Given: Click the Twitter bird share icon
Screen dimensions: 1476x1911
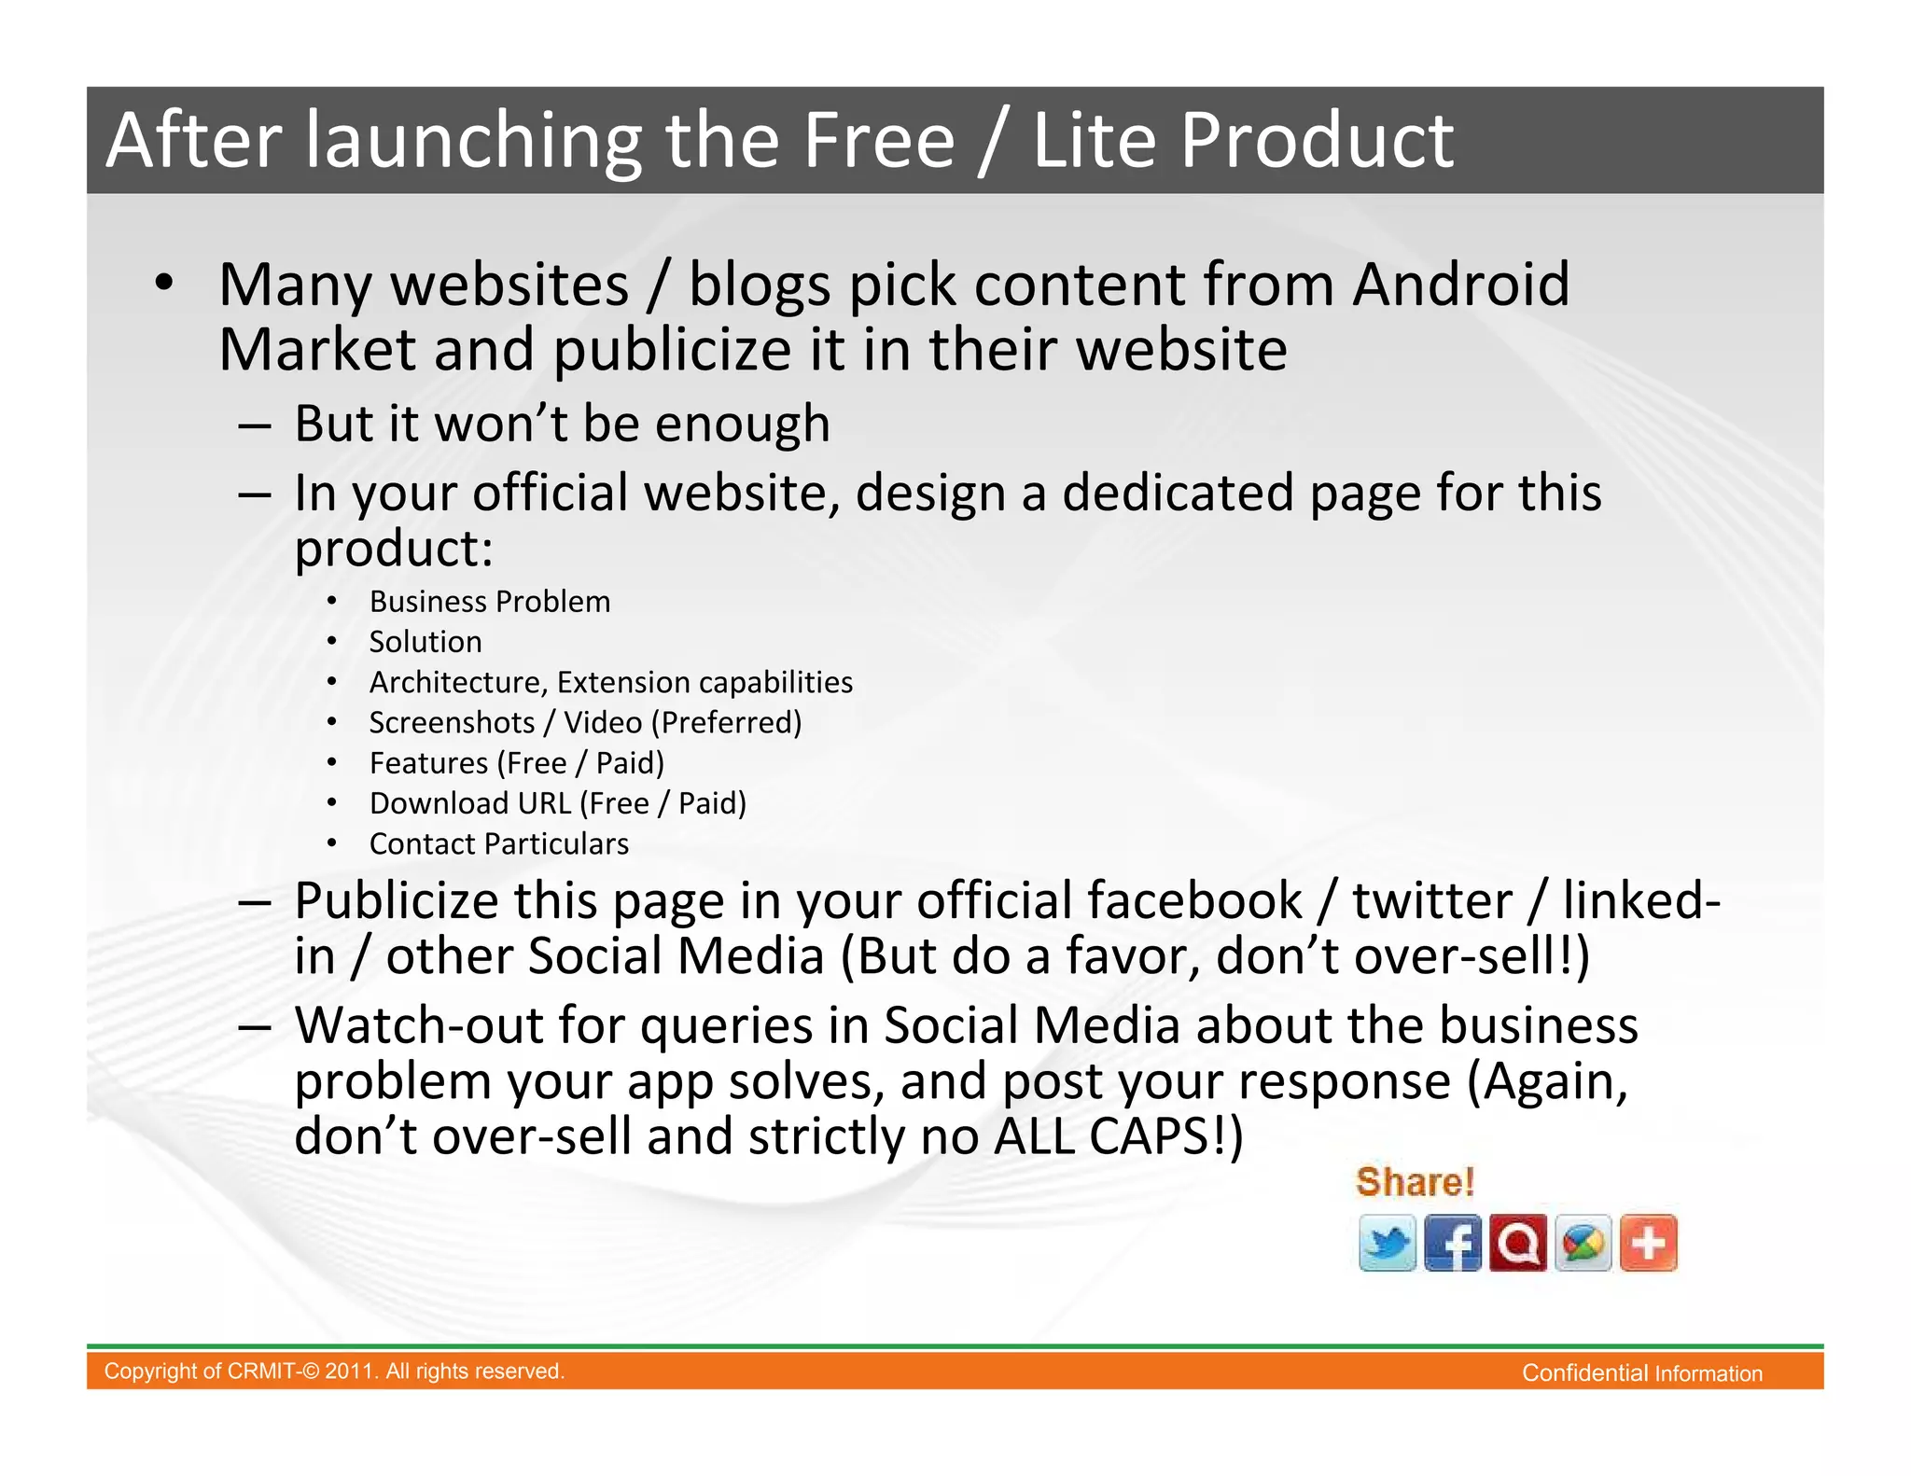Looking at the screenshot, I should pos(1387,1243).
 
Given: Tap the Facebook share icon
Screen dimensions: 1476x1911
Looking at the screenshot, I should pos(1452,1243).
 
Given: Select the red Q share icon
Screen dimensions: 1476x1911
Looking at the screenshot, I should pos(1518,1243).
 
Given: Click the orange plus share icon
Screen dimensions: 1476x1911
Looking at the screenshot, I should pos(1649,1243).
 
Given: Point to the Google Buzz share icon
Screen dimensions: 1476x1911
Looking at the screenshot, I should pos(1583,1243).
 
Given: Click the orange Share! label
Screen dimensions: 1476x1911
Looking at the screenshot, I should pos(1415,1182).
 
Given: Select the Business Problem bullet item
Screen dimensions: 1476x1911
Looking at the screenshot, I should pos(490,602).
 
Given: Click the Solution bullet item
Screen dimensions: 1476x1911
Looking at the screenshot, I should pos(425,642).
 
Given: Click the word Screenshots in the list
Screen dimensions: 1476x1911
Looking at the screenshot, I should pos(452,723).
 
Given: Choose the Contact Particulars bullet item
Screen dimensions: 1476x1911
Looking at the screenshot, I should pos(499,844).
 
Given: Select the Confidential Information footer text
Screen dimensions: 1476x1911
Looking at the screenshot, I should pos(1642,1373).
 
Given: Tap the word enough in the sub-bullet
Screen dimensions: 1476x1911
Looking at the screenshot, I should pos(742,425).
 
